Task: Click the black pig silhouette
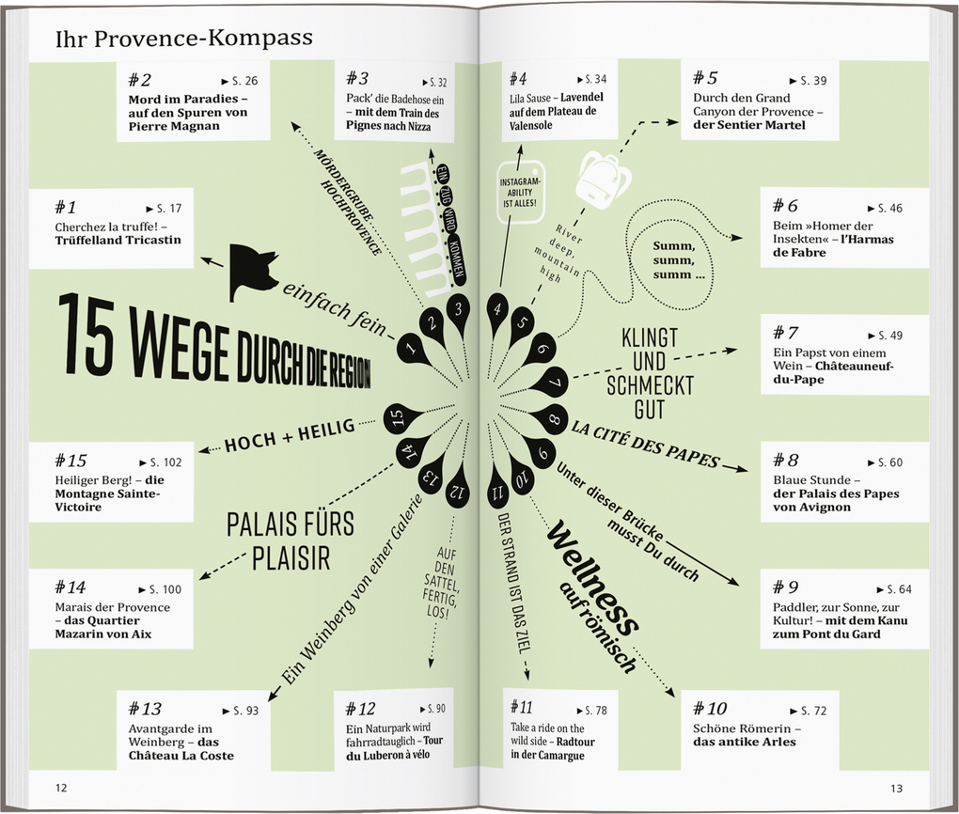(252, 273)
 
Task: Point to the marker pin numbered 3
(458, 310)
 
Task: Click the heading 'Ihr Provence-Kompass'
(183, 38)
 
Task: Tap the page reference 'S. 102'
(161, 462)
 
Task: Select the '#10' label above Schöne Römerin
(710, 709)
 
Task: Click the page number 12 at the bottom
(61, 788)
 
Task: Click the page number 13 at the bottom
(896, 789)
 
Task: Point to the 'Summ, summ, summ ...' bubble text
(678, 260)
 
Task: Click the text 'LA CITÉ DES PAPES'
(645, 444)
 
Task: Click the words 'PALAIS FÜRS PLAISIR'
(291, 541)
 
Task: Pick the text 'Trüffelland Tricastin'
(118, 241)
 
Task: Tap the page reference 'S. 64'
(894, 589)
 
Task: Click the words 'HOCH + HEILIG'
(290, 435)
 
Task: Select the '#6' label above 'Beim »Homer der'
(785, 205)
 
